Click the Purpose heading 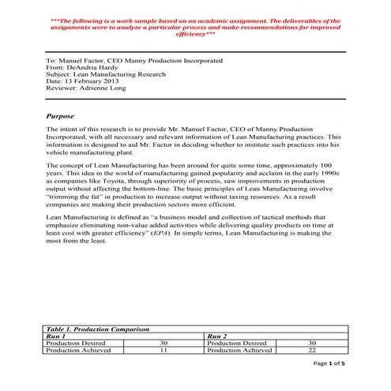[62, 115]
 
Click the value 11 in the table [164, 350]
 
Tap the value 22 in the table [311, 350]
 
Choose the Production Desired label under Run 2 [235, 343]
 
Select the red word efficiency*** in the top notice [197, 36]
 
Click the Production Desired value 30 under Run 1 [164, 343]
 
